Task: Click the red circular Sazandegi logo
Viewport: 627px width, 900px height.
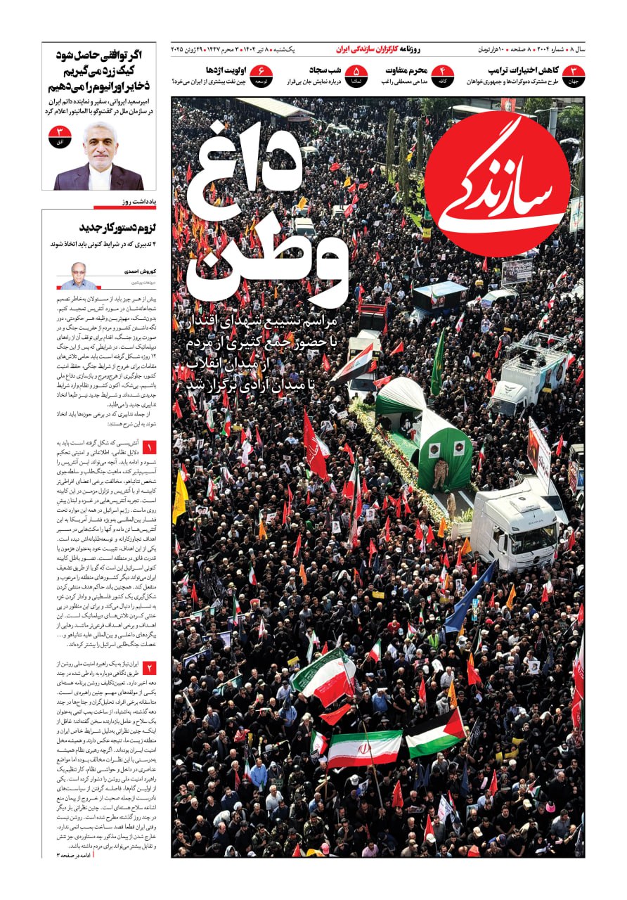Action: tap(497, 184)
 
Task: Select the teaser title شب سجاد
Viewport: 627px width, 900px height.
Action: tap(325, 70)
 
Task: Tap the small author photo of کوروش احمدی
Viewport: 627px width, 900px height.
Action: tap(78, 276)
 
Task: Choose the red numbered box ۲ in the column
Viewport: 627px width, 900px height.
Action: tap(149, 667)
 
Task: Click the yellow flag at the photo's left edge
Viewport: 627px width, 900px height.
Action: tap(180, 496)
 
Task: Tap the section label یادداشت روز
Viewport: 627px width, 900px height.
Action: tap(138, 202)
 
